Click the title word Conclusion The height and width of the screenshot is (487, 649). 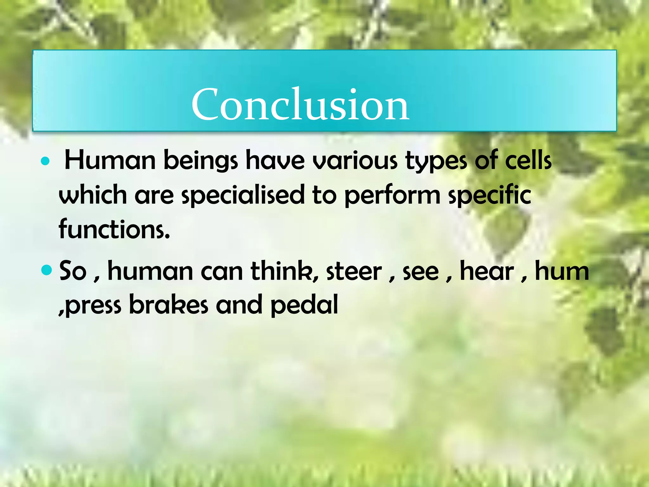tap(300, 105)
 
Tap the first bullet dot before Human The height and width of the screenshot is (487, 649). tap(46, 161)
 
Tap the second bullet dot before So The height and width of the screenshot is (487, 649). tap(46, 270)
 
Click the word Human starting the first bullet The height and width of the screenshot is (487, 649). tap(110, 161)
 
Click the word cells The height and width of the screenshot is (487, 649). tap(528, 161)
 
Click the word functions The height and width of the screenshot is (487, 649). tap(114, 229)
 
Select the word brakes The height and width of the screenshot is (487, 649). tap(169, 305)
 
